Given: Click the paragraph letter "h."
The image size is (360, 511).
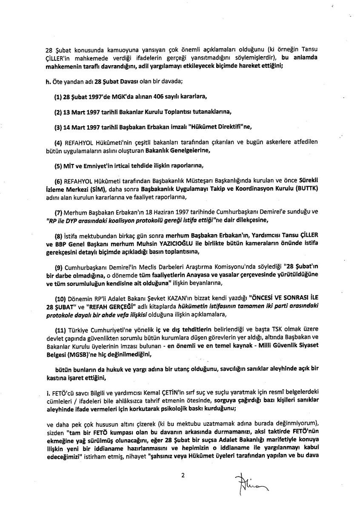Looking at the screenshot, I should coord(48,82).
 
